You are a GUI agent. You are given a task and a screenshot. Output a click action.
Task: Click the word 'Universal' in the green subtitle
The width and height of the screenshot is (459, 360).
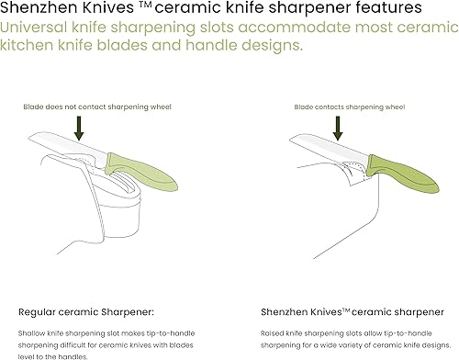tap(36, 27)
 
